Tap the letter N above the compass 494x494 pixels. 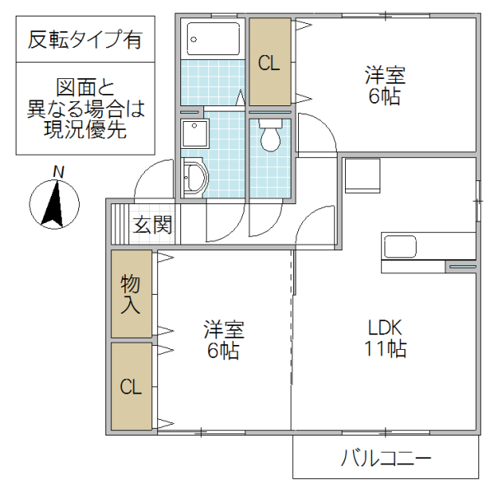(x=58, y=171)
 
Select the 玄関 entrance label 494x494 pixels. (x=154, y=225)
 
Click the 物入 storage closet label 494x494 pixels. (x=132, y=294)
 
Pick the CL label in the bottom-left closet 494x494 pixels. (x=132, y=387)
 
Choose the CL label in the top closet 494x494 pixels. (x=270, y=63)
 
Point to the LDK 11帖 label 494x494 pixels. (x=384, y=338)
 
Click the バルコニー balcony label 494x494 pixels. (x=385, y=459)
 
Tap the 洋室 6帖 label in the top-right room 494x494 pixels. (x=384, y=86)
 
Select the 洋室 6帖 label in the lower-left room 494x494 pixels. (x=223, y=340)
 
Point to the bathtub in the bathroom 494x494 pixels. (x=213, y=37)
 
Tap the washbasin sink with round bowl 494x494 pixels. (x=194, y=176)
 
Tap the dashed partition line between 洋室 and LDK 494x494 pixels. (x=291, y=329)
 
